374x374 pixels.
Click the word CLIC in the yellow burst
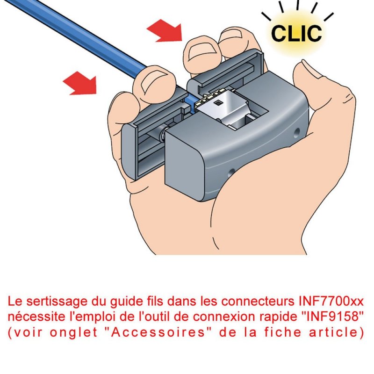296,32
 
